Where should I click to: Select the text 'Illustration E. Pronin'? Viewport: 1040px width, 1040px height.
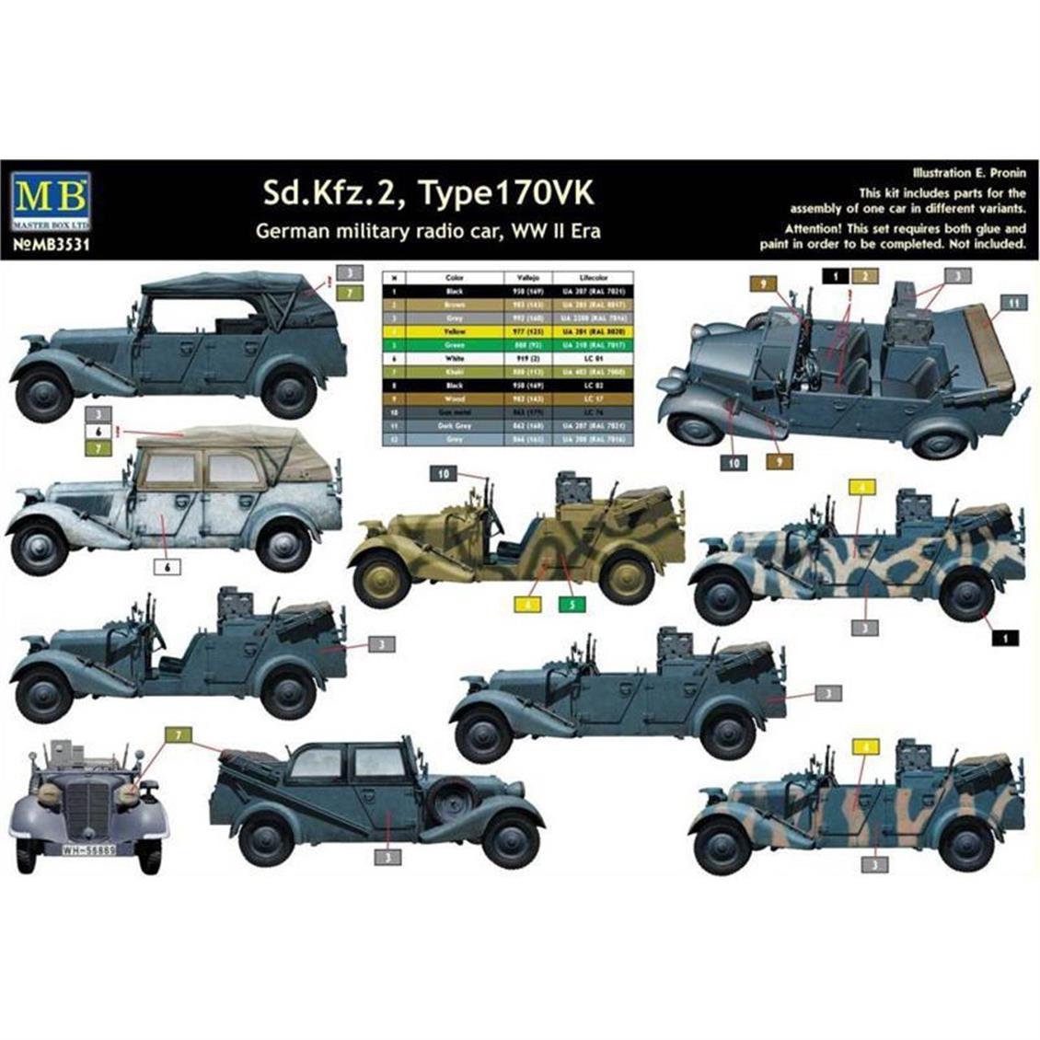(967, 172)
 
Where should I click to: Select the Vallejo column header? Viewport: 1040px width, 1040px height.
(528, 276)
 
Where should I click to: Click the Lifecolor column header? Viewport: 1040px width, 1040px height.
(594, 276)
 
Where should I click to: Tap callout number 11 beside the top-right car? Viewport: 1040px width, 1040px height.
(1012, 302)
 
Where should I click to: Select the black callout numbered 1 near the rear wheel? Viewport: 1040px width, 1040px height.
(1007, 636)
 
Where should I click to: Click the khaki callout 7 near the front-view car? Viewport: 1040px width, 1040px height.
(177, 734)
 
